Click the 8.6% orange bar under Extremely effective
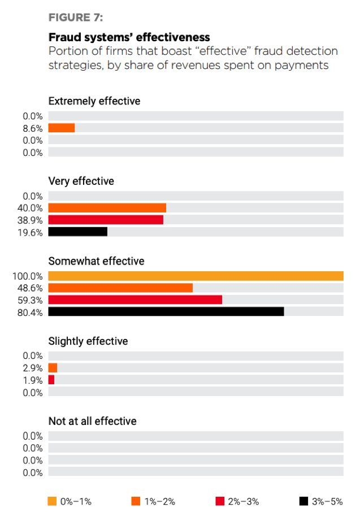click(x=62, y=128)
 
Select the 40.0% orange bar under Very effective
click(x=107, y=207)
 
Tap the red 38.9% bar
click(x=106, y=220)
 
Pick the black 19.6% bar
click(x=78, y=232)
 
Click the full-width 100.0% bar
click(x=196, y=276)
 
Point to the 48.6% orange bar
click(x=120, y=288)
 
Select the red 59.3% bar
click(x=135, y=300)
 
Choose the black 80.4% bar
click(x=166, y=311)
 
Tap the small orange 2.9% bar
click(x=53, y=368)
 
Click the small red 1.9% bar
click(x=51, y=379)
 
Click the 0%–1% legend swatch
click(x=52, y=501)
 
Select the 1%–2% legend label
click(x=160, y=501)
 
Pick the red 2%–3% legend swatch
click(x=220, y=501)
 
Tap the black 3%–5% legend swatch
click(x=303, y=501)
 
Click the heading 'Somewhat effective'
click(x=97, y=261)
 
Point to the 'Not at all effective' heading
click(x=93, y=421)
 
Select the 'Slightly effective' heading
click(x=88, y=341)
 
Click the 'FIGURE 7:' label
click(x=76, y=18)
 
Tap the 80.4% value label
click(x=30, y=313)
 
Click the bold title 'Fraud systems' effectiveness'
click(x=129, y=37)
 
